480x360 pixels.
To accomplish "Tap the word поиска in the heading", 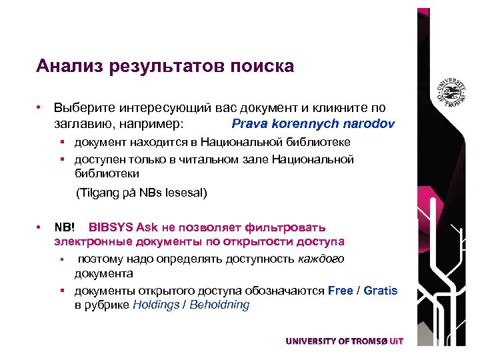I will (x=262, y=67).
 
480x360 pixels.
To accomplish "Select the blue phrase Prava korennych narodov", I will (x=313, y=124).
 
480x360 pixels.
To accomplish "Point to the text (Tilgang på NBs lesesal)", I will (x=141, y=193).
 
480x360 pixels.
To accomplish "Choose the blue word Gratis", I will (x=381, y=291).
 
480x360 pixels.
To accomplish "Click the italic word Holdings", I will (x=157, y=305).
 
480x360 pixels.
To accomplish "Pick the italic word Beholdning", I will (x=219, y=305).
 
